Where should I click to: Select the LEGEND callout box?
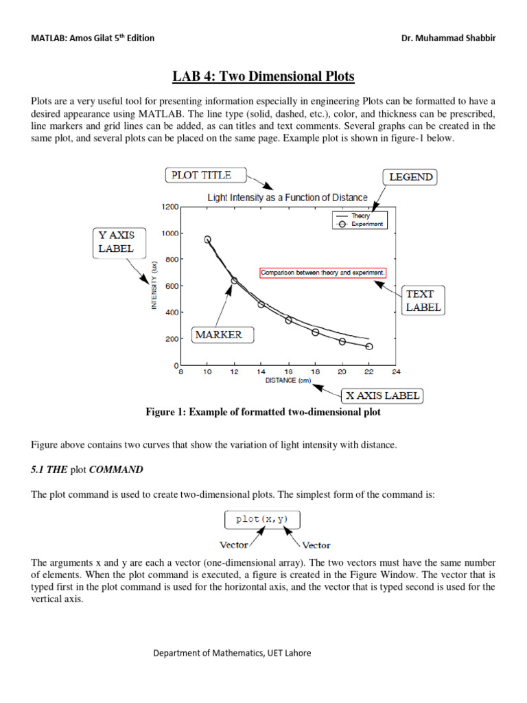click(411, 177)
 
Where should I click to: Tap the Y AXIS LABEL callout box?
click(115, 242)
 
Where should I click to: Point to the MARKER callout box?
click(218, 335)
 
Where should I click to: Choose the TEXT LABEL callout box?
click(423, 301)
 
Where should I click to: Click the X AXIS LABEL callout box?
click(382, 396)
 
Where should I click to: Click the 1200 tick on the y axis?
click(169, 207)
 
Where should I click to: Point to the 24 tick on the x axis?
click(396, 373)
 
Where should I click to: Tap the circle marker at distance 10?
click(207, 240)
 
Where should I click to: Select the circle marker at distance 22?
click(369, 347)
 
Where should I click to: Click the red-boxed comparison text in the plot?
click(323, 273)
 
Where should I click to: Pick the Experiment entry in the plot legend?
click(367, 224)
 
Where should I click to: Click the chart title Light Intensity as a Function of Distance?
click(288, 198)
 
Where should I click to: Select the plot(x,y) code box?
click(262, 519)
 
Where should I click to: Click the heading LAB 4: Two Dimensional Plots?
click(263, 76)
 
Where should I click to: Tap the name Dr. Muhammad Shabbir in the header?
click(448, 38)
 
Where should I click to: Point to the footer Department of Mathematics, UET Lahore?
click(231, 653)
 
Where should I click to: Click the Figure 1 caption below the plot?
click(263, 413)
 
